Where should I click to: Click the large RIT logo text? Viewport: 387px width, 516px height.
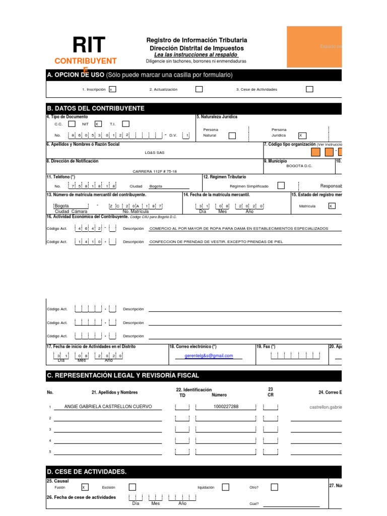[x=89, y=45]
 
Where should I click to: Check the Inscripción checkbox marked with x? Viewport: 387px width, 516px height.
[x=112, y=89]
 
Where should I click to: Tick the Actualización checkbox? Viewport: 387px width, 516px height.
[x=199, y=89]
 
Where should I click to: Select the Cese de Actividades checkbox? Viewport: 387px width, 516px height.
[x=309, y=89]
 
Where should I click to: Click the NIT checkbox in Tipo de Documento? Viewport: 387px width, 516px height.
[x=98, y=123]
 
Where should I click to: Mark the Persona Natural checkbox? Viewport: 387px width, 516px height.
[x=232, y=135]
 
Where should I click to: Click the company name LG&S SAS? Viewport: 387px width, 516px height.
[x=154, y=152]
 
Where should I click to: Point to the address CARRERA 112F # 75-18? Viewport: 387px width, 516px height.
[x=155, y=171]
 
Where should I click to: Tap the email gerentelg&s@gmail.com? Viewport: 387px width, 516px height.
[x=209, y=356]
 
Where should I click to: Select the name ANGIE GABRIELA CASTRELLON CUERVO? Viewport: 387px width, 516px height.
[x=108, y=407]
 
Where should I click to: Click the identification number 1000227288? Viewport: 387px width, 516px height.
[x=226, y=407]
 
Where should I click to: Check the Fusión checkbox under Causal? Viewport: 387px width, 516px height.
[x=85, y=487]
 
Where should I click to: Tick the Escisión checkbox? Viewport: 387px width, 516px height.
[x=132, y=487]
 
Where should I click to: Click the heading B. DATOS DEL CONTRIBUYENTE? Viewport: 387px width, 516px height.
[x=95, y=108]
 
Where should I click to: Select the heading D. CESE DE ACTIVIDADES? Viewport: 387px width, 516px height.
[x=86, y=472]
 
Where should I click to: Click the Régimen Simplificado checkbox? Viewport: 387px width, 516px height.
[x=281, y=185]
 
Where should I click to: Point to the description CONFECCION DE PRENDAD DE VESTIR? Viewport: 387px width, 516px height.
[x=216, y=242]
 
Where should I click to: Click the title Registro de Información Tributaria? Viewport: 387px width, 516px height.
[x=197, y=40]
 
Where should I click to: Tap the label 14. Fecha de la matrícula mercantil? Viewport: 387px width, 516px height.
[x=217, y=195]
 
